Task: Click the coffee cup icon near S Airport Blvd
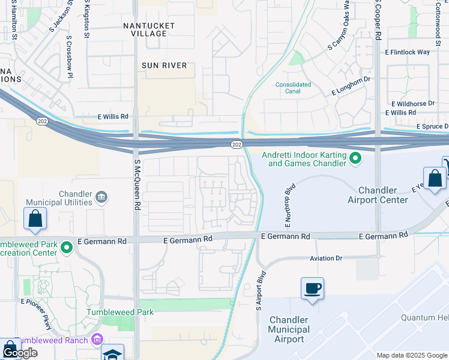pos(312,288)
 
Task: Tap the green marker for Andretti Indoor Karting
pos(355,158)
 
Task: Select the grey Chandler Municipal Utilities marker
pos(101,196)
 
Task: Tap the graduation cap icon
pos(112,354)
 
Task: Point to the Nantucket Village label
pos(149,29)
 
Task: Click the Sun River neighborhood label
pos(164,65)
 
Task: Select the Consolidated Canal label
pos(293,88)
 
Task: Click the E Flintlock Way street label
pos(410,52)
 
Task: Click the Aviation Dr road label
pos(326,258)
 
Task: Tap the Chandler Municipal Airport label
pos(289,329)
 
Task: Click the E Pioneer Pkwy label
pos(37,314)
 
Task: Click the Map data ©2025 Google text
pos(411,355)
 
